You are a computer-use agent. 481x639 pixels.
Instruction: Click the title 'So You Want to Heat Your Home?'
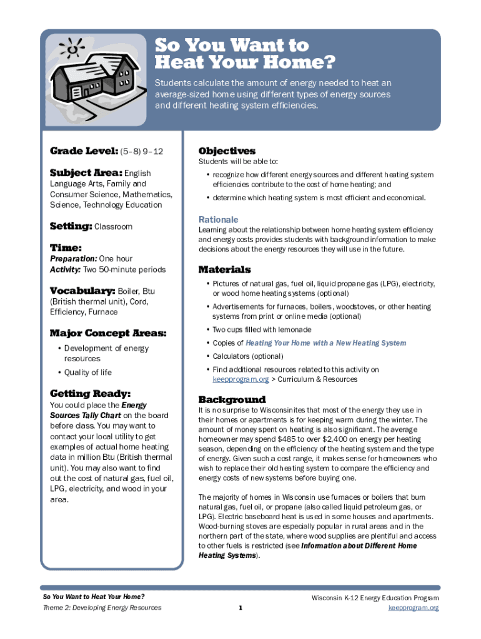(245, 54)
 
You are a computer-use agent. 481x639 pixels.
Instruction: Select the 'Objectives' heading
(227, 151)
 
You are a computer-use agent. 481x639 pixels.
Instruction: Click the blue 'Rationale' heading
(218, 220)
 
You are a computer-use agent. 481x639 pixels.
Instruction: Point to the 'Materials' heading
(224, 270)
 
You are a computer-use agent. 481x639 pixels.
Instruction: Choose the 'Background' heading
(232, 399)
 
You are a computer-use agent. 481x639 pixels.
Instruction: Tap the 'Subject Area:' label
(86, 173)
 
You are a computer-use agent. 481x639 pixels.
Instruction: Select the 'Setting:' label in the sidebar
(71, 227)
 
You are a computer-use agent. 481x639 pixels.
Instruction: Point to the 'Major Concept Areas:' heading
(107, 333)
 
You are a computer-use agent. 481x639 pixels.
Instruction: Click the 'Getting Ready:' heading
(90, 393)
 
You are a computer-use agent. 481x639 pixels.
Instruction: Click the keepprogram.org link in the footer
(414, 608)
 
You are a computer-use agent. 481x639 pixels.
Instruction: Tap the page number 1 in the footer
(241, 608)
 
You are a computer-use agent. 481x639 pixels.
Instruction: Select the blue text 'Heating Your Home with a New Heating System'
(325, 343)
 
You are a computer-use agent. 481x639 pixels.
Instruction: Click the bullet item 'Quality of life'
(87, 373)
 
